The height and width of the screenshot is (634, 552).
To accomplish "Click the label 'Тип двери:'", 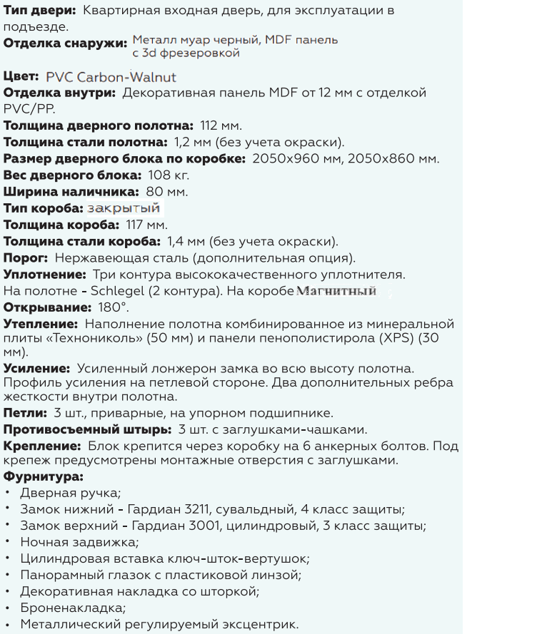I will click(39, 11).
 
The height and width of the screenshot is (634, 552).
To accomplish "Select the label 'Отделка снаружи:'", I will click(65, 44).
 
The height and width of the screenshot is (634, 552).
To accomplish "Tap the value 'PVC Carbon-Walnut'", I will click(111, 77).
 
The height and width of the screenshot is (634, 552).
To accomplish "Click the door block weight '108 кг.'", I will click(169, 175).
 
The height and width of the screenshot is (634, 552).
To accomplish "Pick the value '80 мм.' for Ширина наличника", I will click(167, 192).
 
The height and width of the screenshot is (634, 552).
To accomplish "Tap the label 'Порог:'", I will click(26, 257).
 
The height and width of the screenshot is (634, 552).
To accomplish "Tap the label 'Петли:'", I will click(25, 413).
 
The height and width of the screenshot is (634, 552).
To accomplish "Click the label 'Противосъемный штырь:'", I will click(87, 429).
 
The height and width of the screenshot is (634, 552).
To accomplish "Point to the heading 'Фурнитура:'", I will click(44, 476).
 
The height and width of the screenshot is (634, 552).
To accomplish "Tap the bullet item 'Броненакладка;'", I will click(73, 608).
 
